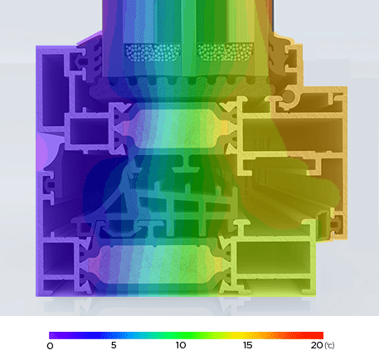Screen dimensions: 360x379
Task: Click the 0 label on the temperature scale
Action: tap(50, 345)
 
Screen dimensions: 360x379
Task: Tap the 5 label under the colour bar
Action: tap(114, 345)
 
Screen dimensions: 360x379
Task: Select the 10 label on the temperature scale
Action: tap(181, 345)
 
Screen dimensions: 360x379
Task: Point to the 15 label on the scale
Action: tap(246, 345)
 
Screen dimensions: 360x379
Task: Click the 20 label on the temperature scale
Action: tap(315, 345)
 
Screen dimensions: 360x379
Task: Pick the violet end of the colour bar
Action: tap(53, 334)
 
